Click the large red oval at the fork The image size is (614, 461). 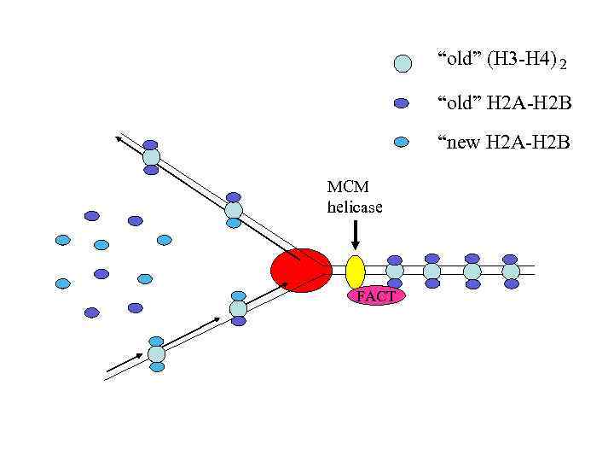point(301,271)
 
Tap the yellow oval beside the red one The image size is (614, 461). point(356,271)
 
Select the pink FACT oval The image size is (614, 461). point(376,295)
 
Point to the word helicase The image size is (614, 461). point(355,207)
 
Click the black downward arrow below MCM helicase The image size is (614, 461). point(356,234)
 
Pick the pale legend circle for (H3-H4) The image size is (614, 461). point(403,63)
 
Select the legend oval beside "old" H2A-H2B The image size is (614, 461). point(403,103)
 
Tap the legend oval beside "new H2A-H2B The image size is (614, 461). point(403,143)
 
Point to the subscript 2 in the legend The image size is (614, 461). point(563,65)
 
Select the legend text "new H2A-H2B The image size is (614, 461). point(503,142)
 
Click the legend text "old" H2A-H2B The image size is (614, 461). point(504,103)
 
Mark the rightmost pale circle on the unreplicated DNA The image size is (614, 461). point(511,271)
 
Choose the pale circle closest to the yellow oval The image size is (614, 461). point(395,271)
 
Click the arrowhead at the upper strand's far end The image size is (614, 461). point(120,138)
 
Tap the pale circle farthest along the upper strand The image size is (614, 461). point(151,157)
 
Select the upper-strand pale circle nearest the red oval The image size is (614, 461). point(234,210)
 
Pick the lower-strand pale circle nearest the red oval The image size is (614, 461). point(239,308)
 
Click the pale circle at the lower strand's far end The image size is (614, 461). point(157,353)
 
